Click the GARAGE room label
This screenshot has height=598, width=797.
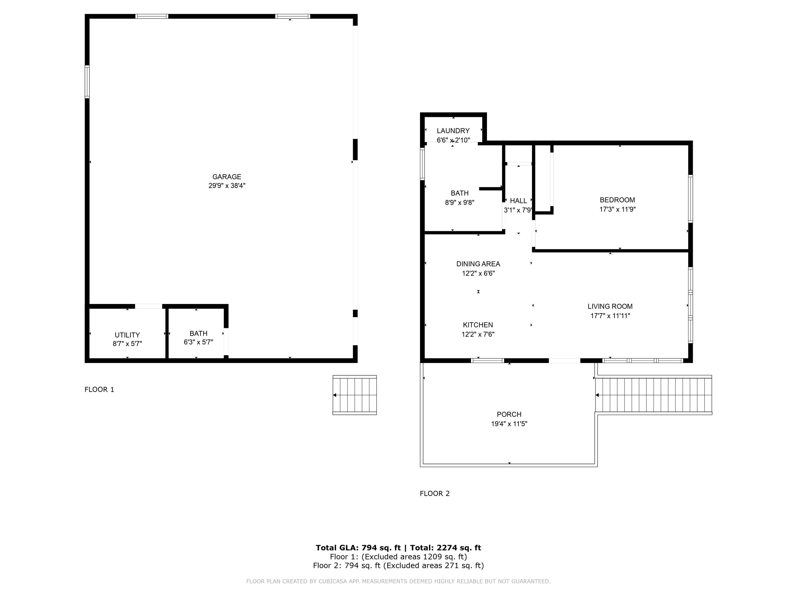pyautogui.click(x=227, y=177)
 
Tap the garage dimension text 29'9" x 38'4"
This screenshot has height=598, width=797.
pyautogui.click(x=227, y=186)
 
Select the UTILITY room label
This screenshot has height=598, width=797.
pyautogui.click(x=127, y=335)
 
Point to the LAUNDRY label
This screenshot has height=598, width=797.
pyautogui.click(x=453, y=131)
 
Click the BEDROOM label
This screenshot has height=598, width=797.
pyautogui.click(x=617, y=200)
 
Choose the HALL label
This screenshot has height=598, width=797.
pyautogui.click(x=518, y=201)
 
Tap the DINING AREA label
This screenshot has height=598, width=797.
pyautogui.click(x=478, y=264)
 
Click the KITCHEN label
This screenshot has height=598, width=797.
pyautogui.click(x=478, y=325)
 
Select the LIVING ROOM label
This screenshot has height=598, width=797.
pyautogui.click(x=610, y=306)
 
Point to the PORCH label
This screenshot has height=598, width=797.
pyautogui.click(x=509, y=415)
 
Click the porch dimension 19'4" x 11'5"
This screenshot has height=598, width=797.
pyautogui.click(x=509, y=424)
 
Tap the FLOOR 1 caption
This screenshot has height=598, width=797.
pyautogui.click(x=99, y=389)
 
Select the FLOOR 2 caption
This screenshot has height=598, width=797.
pyautogui.click(x=435, y=494)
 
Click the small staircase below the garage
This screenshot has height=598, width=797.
pyautogui.click(x=355, y=395)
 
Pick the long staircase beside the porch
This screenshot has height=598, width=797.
pyautogui.click(x=654, y=395)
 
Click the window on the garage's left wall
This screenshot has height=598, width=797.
pyautogui.click(x=87, y=82)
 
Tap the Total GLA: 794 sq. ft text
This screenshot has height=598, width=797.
pyautogui.click(x=358, y=548)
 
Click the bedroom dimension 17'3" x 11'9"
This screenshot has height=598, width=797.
pyautogui.click(x=617, y=209)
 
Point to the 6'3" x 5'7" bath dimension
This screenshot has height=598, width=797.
pyautogui.click(x=198, y=342)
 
